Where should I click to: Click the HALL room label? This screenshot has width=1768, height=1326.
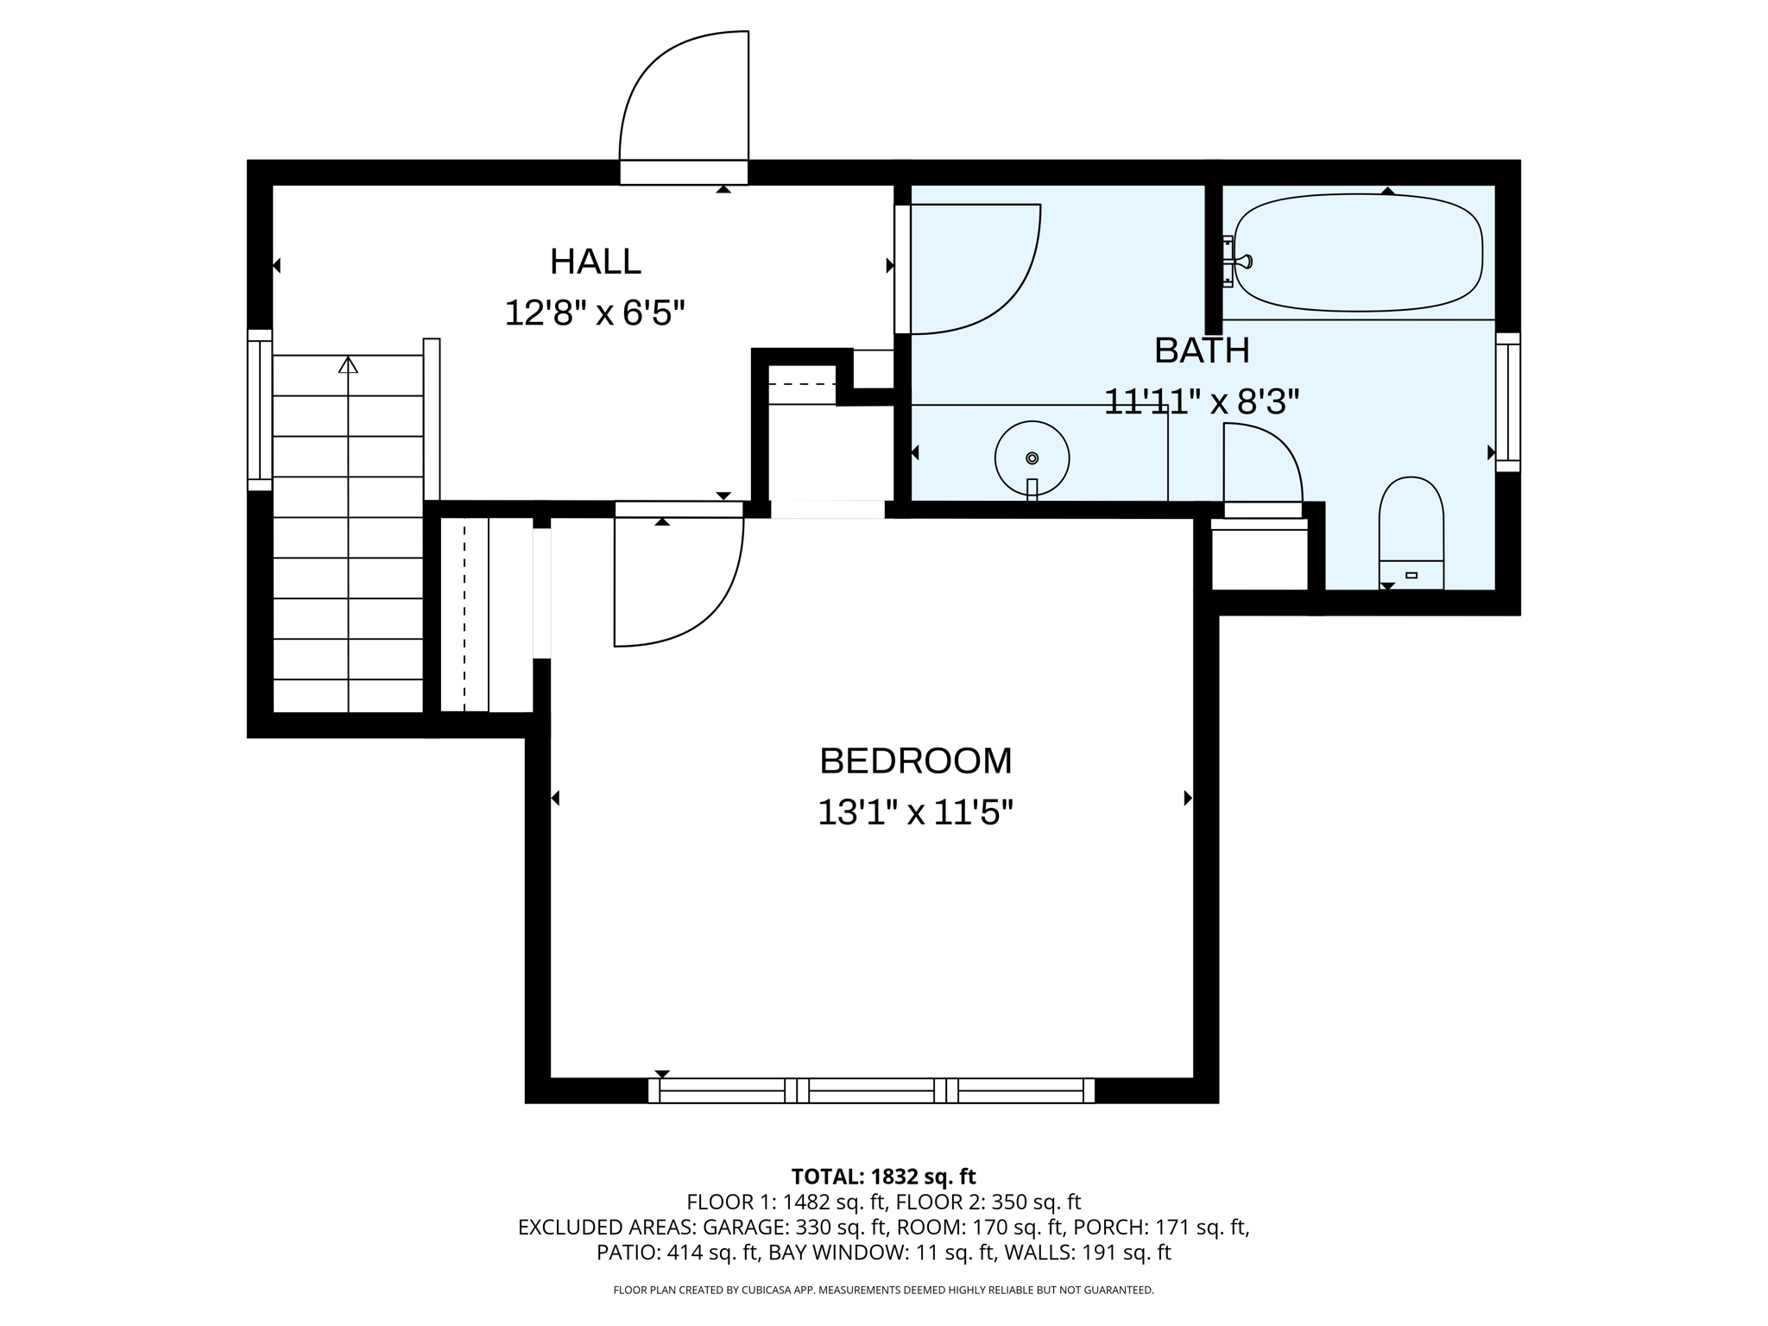click(x=596, y=262)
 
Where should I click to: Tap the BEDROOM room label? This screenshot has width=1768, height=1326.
click(x=915, y=761)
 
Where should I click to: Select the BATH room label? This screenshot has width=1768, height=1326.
click(x=1202, y=350)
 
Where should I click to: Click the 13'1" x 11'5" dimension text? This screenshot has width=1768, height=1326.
click(x=915, y=812)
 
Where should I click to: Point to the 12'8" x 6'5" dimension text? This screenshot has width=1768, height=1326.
click(x=595, y=313)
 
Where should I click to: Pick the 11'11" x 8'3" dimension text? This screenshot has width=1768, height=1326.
click(x=1202, y=401)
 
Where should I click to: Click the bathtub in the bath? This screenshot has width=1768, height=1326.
click(x=1358, y=252)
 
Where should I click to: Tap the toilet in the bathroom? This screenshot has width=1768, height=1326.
click(x=1411, y=533)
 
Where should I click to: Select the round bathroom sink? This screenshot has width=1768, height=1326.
click(x=1032, y=458)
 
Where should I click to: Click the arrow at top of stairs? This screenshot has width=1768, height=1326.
click(x=348, y=365)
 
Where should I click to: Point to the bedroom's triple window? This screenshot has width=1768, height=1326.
click(x=871, y=1090)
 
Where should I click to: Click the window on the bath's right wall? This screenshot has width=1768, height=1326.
click(x=1507, y=402)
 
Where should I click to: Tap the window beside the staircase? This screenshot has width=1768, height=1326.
click(x=260, y=410)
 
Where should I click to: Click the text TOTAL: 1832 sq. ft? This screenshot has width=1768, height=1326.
click(x=883, y=1177)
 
